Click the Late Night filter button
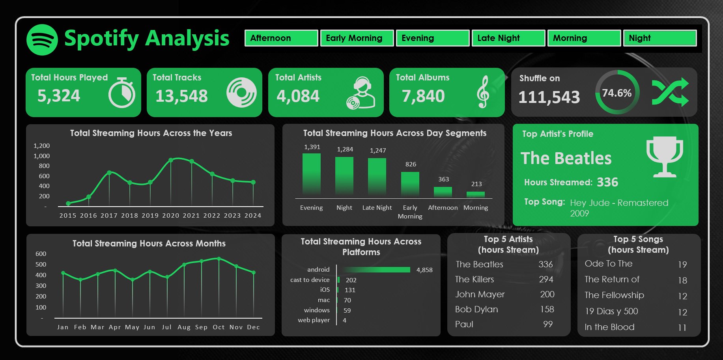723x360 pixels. coord(508,38)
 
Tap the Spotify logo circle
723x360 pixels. coord(42,40)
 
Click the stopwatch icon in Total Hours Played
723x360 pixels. coord(122,93)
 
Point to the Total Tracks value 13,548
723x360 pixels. coord(181,96)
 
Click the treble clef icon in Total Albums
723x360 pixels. coord(483,92)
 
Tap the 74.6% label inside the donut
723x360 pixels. coord(617,93)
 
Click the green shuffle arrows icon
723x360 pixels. coord(670,92)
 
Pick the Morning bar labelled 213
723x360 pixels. coord(476,194)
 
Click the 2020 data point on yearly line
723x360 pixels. coord(171,160)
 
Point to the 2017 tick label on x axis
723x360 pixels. coord(109,216)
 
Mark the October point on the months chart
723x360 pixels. coord(219,259)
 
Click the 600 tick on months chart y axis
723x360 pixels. coord(41,254)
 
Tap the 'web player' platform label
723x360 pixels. coord(314,320)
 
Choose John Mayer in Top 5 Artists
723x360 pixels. coord(480,295)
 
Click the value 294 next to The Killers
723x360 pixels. coord(546,280)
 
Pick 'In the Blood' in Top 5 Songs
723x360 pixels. coord(609,327)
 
